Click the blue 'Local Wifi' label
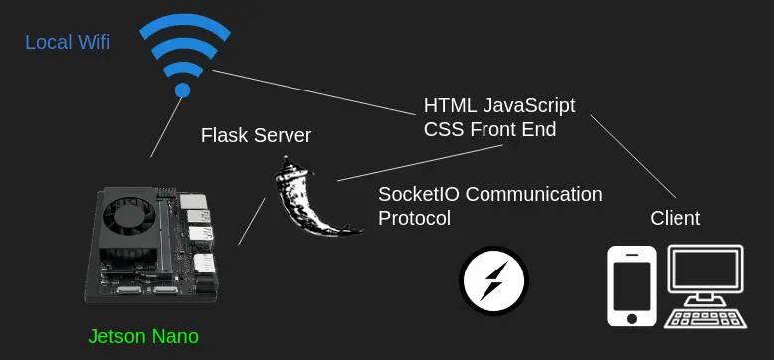click(68, 42)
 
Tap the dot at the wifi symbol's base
click(183, 90)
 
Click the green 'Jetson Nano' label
click(143, 336)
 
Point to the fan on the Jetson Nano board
click(129, 217)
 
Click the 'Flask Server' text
click(256, 135)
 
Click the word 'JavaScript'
click(528, 105)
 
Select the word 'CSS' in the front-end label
click(445, 129)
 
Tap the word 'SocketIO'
click(418, 194)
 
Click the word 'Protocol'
click(414, 218)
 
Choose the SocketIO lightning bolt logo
click(493, 280)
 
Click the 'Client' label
click(675, 218)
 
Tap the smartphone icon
click(632, 286)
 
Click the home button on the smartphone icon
click(632, 318)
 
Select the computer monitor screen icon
click(704, 270)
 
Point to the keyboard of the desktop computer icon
click(704, 319)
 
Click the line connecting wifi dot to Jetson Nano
click(166, 127)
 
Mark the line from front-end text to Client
click(633, 156)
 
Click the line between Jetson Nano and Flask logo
click(252, 222)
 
